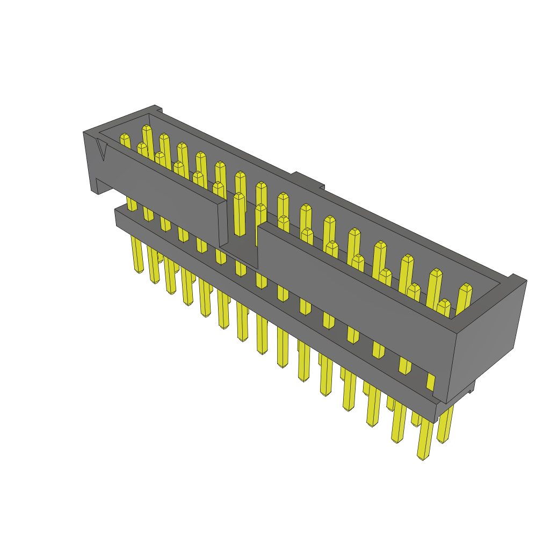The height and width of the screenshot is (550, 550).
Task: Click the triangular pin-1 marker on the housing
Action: tap(102, 150)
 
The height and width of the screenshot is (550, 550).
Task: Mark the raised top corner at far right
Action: tap(517, 278)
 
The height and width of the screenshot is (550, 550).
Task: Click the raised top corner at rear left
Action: tap(155, 108)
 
